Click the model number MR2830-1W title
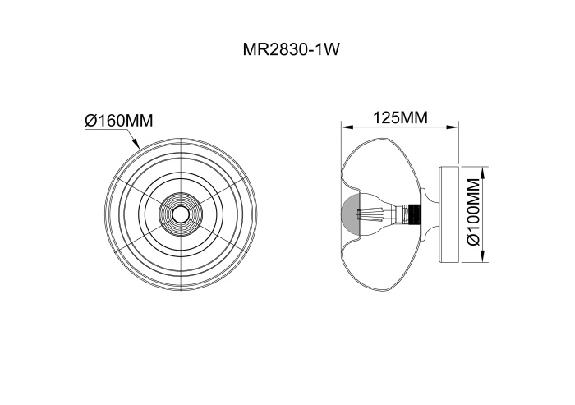click(x=291, y=50)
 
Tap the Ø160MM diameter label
click(x=119, y=120)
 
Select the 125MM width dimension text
click(x=401, y=117)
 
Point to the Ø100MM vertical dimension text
click(x=474, y=212)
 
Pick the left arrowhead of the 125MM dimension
click(x=347, y=127)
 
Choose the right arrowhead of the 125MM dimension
click(x=453, y=127)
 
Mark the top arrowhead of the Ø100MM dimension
click(x=483, y=173)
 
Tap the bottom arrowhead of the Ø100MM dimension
click(x=483, y=257)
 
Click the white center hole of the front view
click(x=181, y=214)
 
